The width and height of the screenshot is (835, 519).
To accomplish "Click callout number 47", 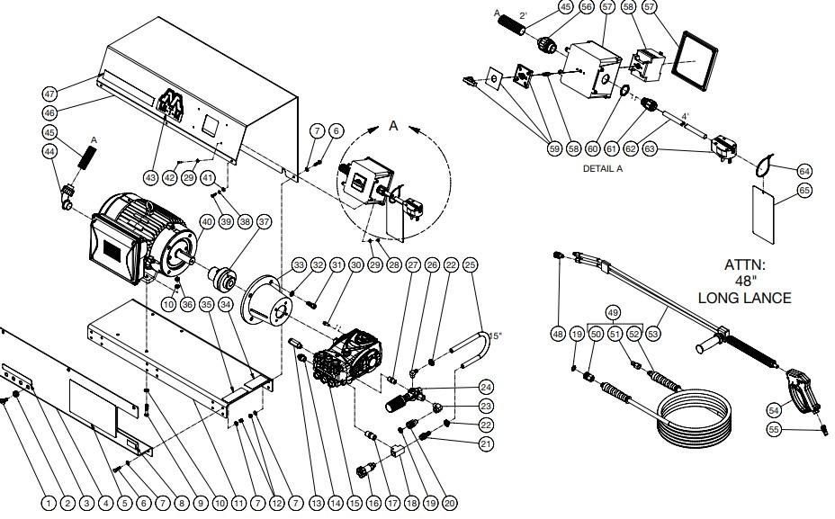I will pyautogui.click(x=50, y=94).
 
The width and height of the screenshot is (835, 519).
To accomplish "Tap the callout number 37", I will pyautogui.click(x=264, y=221).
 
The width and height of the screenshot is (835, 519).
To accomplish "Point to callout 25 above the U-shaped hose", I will pyautogui.click(x=471, y=265).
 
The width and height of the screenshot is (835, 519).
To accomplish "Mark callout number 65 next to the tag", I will pyautogui.click(x=804, y=190).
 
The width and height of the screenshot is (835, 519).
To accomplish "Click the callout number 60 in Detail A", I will pyautogui.click(x=593, y=148).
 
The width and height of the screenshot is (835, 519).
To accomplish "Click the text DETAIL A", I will pyautogui.click(x=603, y=168).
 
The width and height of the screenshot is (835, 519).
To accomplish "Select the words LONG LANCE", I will pyautogui.click(x=745, y=298).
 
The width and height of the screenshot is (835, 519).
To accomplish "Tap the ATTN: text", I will pyautogui.click(x=745, y=265).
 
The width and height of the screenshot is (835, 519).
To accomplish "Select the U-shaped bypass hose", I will pyautogui.click(x=476, y=346).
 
